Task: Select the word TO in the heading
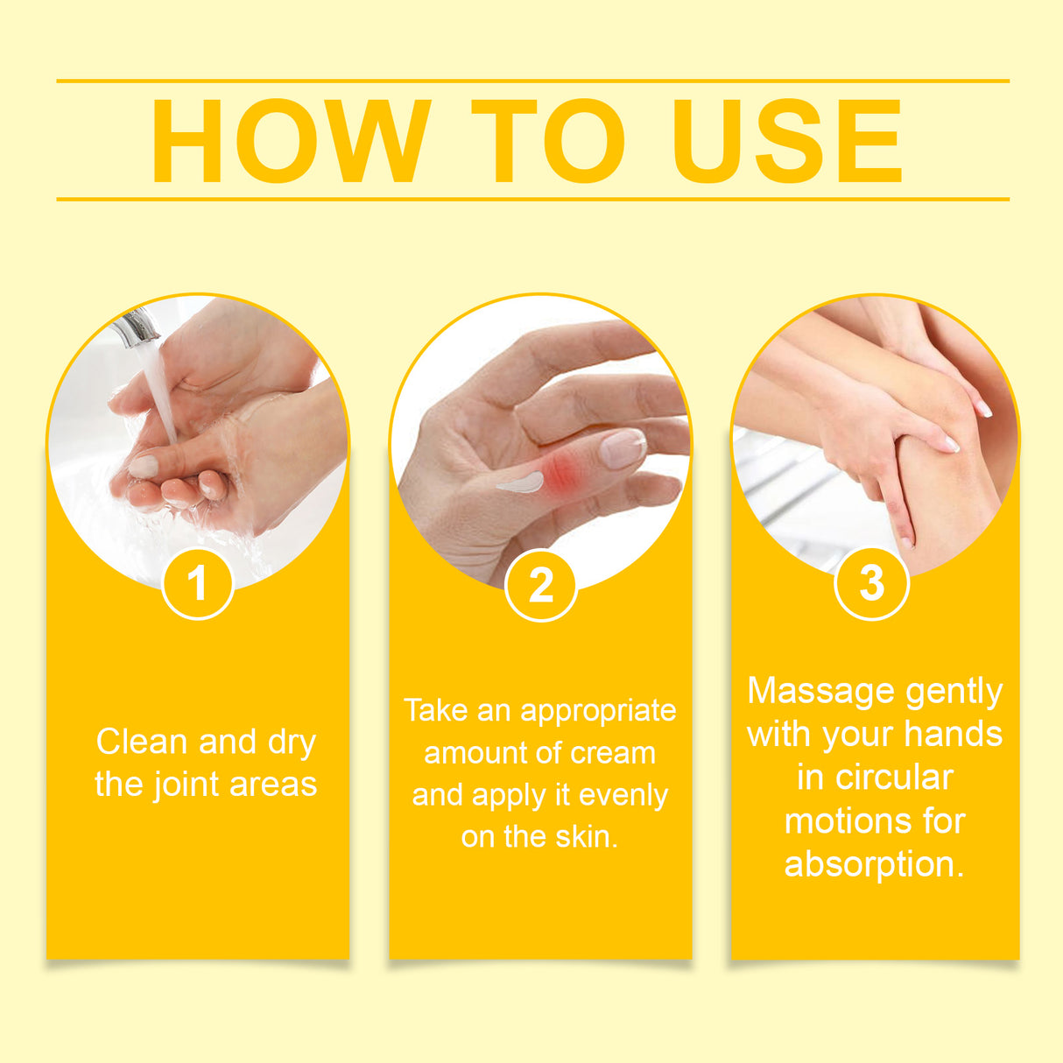pos(548,141)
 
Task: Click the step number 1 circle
pos(198,583)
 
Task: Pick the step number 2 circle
pos(541,585)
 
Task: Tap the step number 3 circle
pos(871,582)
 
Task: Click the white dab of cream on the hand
pos(520,482)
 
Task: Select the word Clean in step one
pos(142,742)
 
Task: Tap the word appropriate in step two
pos(598,710)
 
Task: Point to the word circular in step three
pos(895,778)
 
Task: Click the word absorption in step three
pos(874,864)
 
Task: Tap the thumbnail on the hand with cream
pos(622,448)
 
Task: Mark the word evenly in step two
pos(623,795)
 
